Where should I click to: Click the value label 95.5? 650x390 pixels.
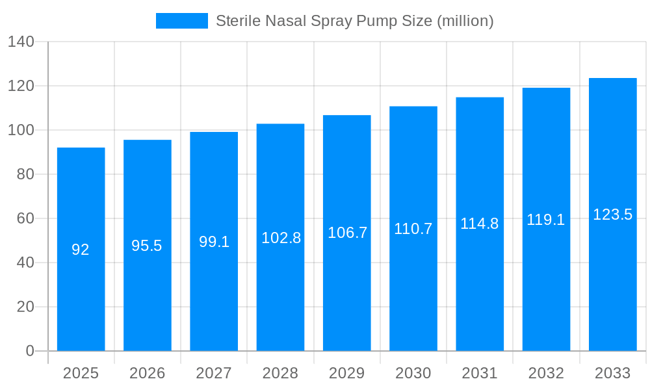(147, 246)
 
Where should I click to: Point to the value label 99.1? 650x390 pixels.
(214, 242)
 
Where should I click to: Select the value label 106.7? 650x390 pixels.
(347, 233)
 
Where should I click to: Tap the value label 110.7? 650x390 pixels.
(413, 229)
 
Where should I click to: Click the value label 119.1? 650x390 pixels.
(546, 220)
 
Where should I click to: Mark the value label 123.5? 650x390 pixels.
(612, 214)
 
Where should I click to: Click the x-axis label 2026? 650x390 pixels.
(147, 373)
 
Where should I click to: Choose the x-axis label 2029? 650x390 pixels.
(347, 373)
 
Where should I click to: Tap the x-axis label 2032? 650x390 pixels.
(546, 373)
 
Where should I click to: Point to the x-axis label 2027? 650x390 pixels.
(214, 373)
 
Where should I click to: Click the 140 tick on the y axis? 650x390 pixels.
(21, 42)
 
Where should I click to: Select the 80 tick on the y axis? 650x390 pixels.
(25, 174)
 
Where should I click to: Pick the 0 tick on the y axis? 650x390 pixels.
(30, 351)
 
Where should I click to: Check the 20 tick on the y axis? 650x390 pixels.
(25, 307)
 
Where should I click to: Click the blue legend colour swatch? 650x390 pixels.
(182, 21)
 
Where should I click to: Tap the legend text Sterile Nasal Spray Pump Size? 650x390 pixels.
(354, 21)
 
